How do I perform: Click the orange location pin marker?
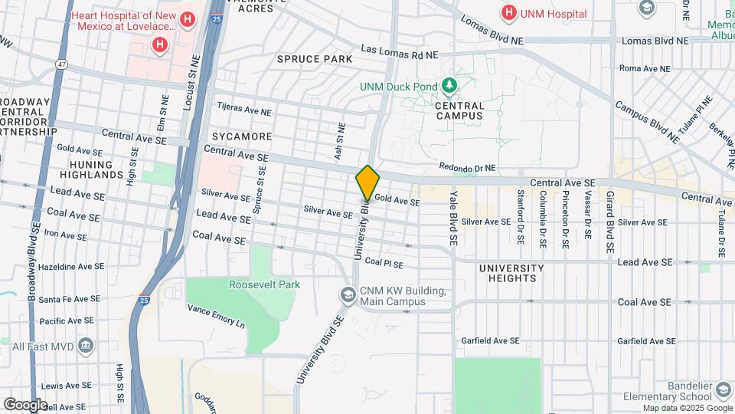pyautogui.click(x=367, y=183)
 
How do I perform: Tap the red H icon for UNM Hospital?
pyautogui.click(x=508, y=12)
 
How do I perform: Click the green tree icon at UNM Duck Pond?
pyautogui.click(x=451, y=85)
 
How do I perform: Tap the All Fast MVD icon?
pyautogui.click(x=86, y=346)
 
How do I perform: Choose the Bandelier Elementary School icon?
pyautogui.click(x=723, y=390)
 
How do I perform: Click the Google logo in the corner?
pyautogui.click(x=25, y=404)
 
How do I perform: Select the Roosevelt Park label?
pyautogui.click(x=264, y=284)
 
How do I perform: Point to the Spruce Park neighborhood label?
pyautogui.click(x=315, y=59)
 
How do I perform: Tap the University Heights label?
pyautogui.click(x=511, y=273)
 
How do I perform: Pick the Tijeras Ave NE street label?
pyautogui.click(x=244, y=110)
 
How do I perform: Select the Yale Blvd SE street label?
pyautogui.click(x=453, y=219)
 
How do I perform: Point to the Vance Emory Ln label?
pyautogui.click(x=216, y=316)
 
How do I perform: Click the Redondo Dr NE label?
pyautogui.click(x=467, y=168)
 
